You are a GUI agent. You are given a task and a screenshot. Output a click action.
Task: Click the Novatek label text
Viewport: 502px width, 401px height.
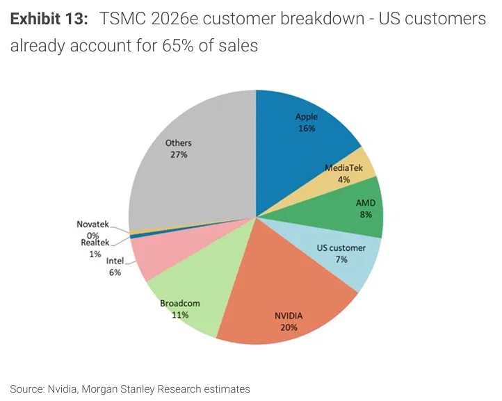click(92, 224)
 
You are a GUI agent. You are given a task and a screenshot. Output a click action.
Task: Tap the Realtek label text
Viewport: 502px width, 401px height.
click(95, 242)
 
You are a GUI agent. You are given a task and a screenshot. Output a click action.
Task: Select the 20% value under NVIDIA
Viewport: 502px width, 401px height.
click(289, 327)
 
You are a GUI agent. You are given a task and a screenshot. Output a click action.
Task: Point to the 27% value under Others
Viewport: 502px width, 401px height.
click(179, 154)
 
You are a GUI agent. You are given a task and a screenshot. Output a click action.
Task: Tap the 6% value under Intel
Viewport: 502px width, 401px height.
click(115, 273)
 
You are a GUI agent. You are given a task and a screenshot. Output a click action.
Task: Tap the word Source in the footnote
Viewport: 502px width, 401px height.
click(26, 388)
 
